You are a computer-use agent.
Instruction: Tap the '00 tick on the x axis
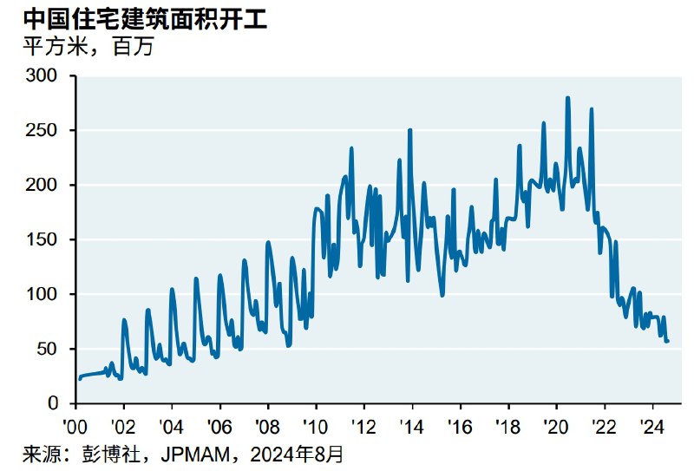[75, 426]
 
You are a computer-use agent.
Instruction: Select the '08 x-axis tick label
[268, 426]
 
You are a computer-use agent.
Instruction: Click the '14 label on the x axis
[412, 426]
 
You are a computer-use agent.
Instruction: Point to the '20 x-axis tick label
[556, 426]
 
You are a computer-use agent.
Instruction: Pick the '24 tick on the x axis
[651, 426]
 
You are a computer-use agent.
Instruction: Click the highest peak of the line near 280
[567, 98]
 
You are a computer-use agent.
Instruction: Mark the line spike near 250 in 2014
[409, 130]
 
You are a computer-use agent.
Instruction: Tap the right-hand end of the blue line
[668, 341]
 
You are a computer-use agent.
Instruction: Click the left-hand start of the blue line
[79, 379]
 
